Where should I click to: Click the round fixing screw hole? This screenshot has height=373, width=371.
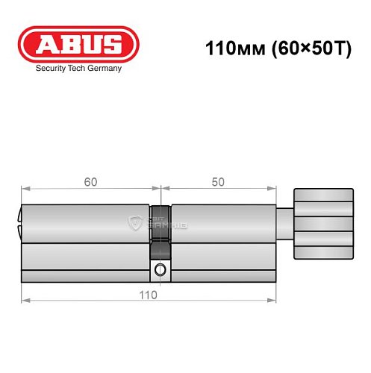coord(160,270)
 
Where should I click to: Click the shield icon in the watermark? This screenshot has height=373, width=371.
coord(137,222)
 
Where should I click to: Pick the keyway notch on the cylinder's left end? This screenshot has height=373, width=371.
coord(20,222)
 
